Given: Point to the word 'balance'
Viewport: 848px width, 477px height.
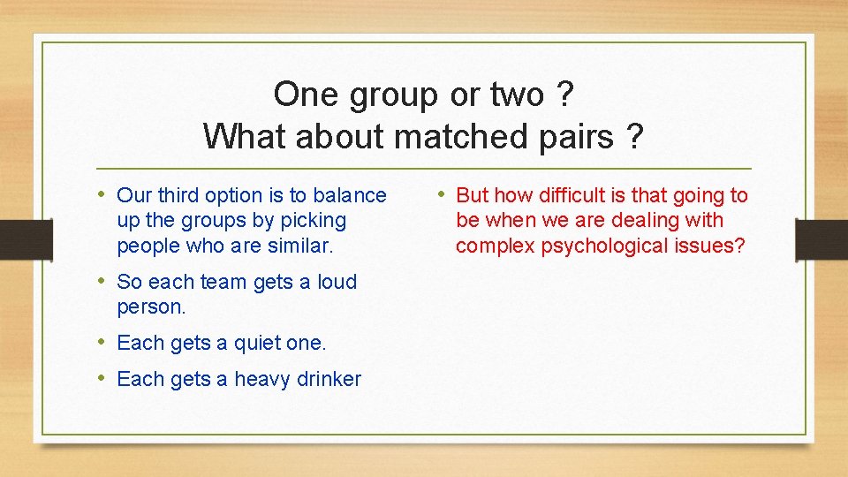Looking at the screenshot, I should tap(351, 195).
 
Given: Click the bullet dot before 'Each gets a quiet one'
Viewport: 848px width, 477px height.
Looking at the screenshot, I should tap(102, 342).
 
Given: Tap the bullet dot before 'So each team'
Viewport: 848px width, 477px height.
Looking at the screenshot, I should tap(102, 281).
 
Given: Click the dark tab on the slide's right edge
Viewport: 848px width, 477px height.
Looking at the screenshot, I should tap(821, 238).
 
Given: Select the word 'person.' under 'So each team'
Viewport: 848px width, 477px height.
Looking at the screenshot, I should tap(151, 307).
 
